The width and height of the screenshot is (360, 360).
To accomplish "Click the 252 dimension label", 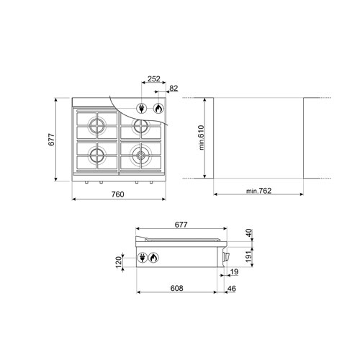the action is coord(154,78).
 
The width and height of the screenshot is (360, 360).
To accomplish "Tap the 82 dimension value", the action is coord(174,89).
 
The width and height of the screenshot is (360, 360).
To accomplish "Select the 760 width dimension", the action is coord(118,194).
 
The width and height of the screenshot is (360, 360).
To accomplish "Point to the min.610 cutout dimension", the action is coord(202,138).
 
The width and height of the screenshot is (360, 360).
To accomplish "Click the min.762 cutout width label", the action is coord(258,191).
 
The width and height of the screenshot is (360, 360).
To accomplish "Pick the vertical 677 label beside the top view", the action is coord(52,140).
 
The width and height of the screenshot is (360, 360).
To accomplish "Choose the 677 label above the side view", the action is coord(181,225).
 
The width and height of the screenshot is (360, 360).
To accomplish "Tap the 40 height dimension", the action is coord(249,233).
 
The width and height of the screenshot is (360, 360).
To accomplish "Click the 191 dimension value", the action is coord(249,256).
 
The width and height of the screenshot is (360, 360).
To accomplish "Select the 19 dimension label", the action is coord(234,271).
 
